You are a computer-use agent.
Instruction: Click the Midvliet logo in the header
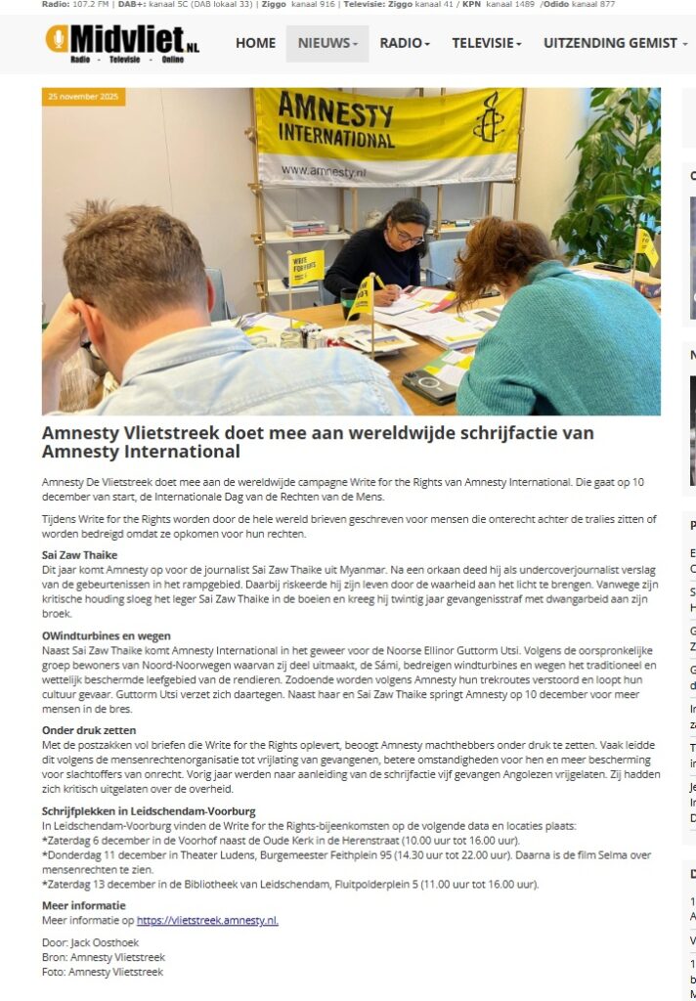(122, 42)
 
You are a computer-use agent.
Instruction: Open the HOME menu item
(255, 43)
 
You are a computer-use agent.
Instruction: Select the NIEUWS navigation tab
(326, 43)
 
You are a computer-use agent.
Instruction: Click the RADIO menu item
(404, 43)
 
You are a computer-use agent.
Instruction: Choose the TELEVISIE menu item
(486, 43)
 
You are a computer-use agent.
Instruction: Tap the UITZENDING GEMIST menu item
(615, 43)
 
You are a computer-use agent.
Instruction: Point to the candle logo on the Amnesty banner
(488, 123)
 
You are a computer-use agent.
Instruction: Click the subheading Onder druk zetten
(89, 729)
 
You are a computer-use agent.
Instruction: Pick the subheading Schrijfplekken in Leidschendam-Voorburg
(149, 811)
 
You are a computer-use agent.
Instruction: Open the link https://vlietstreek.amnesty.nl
(207, 920)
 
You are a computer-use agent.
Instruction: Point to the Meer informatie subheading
(85, 906)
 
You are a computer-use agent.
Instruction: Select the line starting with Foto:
(103, 972)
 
